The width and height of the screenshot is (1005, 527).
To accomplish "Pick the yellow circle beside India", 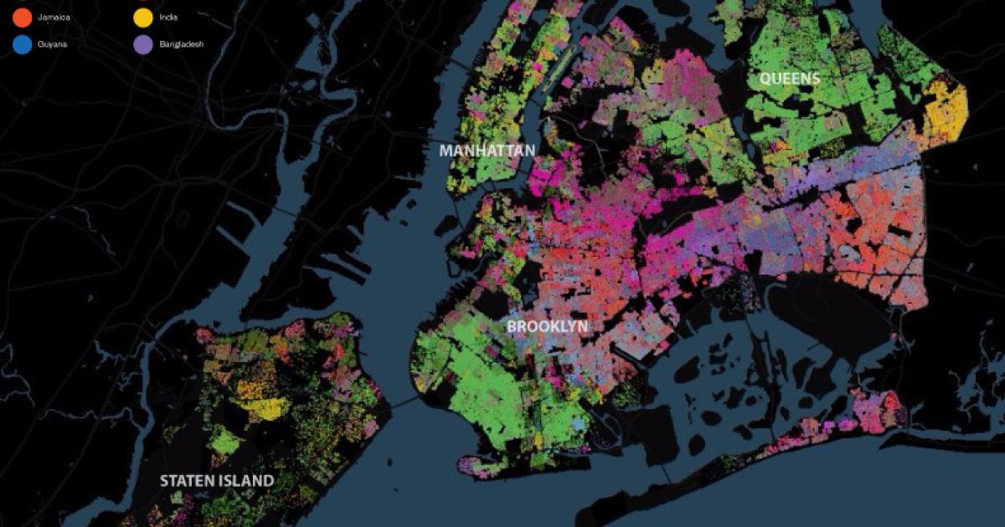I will [x=143, y=15].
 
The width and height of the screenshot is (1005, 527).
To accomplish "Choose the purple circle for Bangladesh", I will [x=143, y=43].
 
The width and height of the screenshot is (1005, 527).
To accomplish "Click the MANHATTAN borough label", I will [x=487, y=151].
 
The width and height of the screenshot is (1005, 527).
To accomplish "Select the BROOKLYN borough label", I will [x=548, y=326].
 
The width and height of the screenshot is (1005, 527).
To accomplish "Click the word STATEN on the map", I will [x=186, y=481].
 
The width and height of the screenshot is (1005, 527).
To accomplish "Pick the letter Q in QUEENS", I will [x=765, y=79].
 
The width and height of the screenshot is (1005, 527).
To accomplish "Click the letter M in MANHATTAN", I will [x=446, y=151].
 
